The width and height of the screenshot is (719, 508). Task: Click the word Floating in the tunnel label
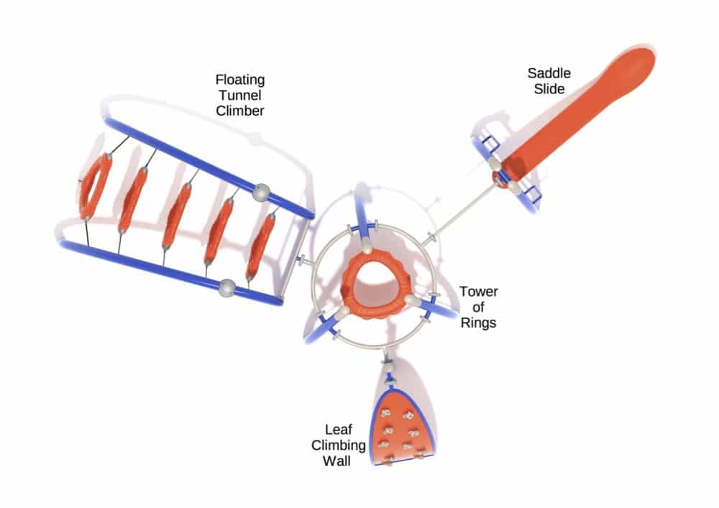[239, 78]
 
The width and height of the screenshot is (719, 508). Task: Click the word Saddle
[546, 73]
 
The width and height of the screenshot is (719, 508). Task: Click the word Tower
[479, 292]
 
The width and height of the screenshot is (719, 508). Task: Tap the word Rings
[479, 323]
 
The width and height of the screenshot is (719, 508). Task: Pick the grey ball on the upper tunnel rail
[262, 192]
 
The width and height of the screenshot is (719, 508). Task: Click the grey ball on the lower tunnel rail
[228, 287]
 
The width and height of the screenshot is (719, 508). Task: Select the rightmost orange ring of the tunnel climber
[262, 246]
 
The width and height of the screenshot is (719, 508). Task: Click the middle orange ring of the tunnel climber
[176, 216]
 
